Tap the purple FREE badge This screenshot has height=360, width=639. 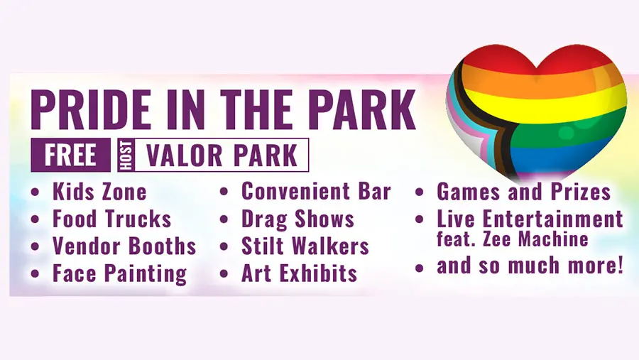pos(70,155)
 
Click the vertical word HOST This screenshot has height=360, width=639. pos(126,155)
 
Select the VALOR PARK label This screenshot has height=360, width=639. pos(222,156)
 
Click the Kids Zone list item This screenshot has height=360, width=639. pos(99,192)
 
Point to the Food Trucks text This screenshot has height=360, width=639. pos(112,219)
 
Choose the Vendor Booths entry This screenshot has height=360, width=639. pos(124,246)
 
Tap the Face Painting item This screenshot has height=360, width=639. pos(120,274)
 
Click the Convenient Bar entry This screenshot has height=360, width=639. pos(316,191)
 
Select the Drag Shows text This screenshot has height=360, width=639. pos(298,219)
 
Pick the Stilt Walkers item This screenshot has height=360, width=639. pos(305,246)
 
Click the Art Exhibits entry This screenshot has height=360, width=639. pos(300,273)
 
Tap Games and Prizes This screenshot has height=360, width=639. pos(524,191)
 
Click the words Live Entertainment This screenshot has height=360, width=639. pos(530,219)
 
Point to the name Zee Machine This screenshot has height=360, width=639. pos(535,239)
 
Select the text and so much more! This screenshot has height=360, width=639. pos(530,266)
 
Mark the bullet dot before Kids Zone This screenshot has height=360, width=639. pos(35,192)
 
